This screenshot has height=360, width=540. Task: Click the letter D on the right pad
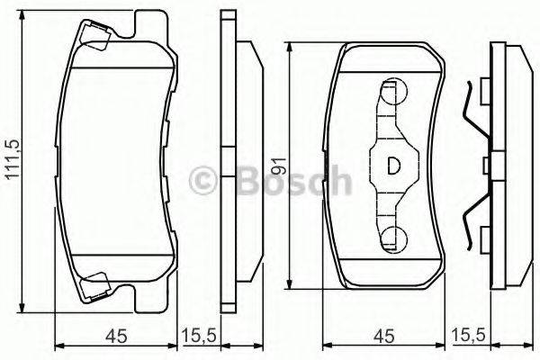393,166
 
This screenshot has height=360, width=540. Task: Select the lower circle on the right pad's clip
393,238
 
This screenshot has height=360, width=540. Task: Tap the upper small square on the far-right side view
486,90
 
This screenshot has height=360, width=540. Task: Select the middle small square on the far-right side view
486,164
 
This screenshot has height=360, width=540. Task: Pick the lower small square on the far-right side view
486,238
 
